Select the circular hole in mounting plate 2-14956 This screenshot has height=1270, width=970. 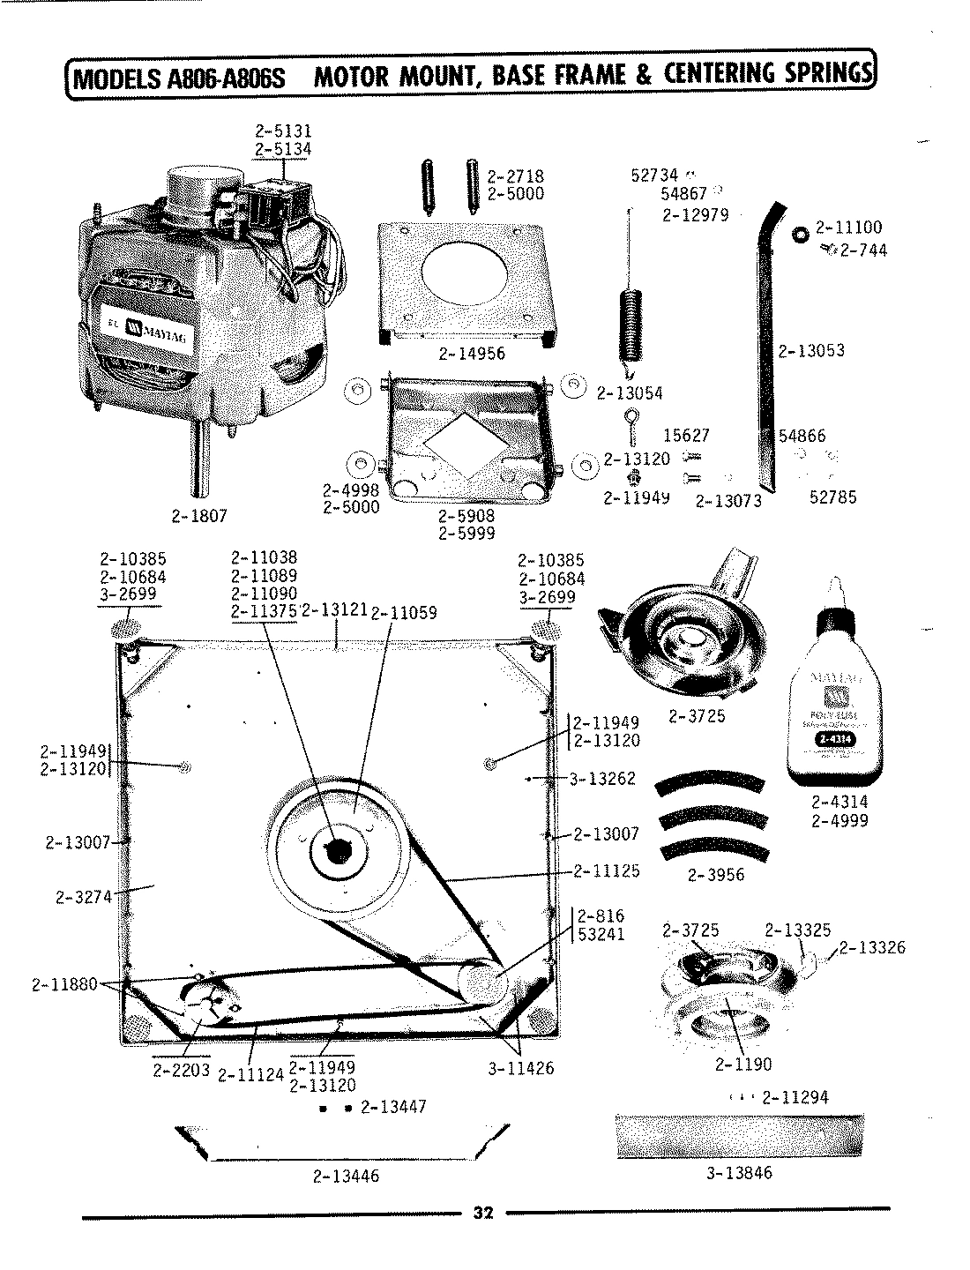pyautogui.click(x=465, y=270)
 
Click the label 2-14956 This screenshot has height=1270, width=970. pyautogui.click(x=471, y=354)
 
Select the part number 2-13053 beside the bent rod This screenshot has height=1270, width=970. pyautogui.click(x=811, y=351)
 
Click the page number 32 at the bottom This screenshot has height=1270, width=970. pyautogui.click(x=482, y=1213)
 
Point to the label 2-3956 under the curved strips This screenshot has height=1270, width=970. pyautogui.click(x=715, y=875)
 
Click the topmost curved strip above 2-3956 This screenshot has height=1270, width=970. pyautogui.click(x=712, y=784)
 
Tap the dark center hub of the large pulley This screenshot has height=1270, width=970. pyautogui.click(x=337, y=852)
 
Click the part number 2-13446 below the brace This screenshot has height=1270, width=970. pyautogui.click(x=346, y=1176)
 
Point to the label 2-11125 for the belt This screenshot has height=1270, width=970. pyautogui.click(x=607, y=871)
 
